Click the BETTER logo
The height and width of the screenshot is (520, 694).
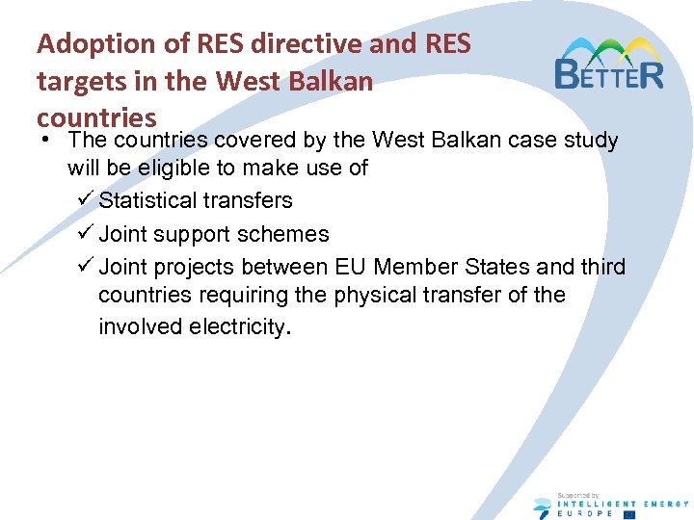(x=609, y=65)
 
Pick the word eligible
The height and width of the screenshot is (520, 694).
(x=168, y=169)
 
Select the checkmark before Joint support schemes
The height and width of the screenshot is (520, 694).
(x=84, y=234)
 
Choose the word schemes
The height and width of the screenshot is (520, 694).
(x=287, y=234)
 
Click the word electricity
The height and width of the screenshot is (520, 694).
(x=234, y=326)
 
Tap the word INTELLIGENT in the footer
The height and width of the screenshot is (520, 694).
(x=595, y=503)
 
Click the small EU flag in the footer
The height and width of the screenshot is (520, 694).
(x=629, y=514)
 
